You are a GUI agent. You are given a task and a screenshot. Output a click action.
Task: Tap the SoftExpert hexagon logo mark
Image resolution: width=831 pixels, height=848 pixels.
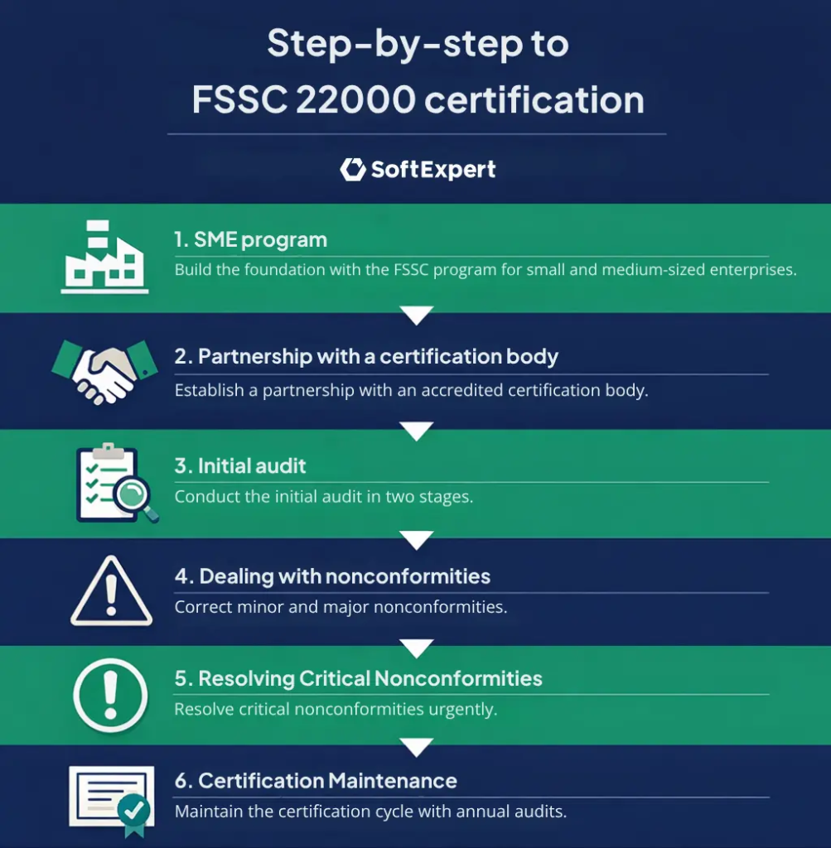click(353, 169)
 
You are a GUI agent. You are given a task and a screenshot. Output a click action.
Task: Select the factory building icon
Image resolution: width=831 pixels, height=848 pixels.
click(104, 256)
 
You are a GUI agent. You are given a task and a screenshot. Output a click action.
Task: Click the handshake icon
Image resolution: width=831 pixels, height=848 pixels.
click(104, 369)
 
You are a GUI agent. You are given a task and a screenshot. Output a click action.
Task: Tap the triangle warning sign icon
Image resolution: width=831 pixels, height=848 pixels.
click(111, 592)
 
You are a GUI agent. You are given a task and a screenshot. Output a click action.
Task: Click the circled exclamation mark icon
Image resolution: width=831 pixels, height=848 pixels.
click(110, 693)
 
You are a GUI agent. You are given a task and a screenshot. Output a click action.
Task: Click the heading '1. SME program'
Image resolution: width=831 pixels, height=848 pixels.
click(250, 240)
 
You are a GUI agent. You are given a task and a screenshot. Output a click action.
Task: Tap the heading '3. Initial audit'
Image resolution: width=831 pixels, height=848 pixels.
click(240, 465)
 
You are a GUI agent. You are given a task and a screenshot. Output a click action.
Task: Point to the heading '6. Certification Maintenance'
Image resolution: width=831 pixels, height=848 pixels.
click(316, 780)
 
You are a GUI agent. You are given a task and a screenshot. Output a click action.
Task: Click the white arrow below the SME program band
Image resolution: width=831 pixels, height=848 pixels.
click(416, 316)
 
